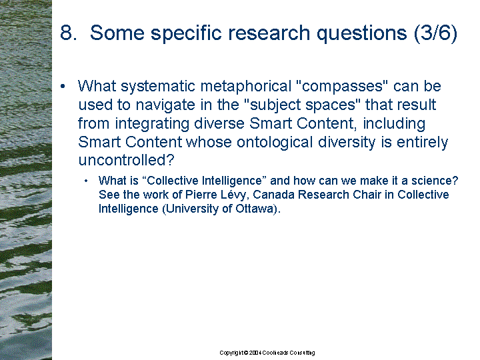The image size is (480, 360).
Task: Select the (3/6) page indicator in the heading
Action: (435, 33)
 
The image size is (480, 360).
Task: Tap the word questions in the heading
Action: (361, 34)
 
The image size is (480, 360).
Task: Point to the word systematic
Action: (158, 87)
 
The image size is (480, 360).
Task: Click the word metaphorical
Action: (246, 87)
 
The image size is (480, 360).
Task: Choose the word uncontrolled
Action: (126, 160)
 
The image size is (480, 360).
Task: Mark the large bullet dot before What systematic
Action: (63, 87)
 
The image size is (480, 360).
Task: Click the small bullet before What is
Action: (86, 181)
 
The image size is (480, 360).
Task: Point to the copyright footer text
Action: (267, 353)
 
